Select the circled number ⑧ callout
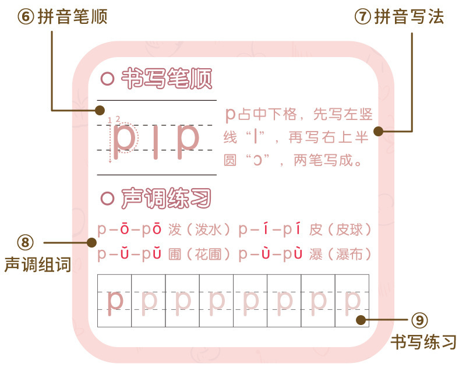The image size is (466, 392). (x=26, y=242)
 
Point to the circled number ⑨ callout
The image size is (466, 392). (x=419, y=320)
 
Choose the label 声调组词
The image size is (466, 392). (x=37, y=265)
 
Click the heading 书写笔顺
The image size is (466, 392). (x=166, y=79)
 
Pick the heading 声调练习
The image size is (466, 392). (x=166, y=199)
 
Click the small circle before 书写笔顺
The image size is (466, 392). (x=107, y=79)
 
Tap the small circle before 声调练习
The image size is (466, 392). (x=107, y=199)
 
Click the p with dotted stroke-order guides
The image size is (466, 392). (x=123, y=140)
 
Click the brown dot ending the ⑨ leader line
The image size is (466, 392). (x=361, y=320)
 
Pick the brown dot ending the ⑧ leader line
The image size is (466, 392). (x=91, y=242)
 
